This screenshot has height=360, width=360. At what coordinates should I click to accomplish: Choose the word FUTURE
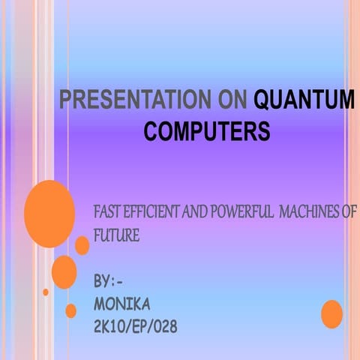[116, 235]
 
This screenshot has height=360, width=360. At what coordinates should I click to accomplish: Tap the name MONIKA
[122, 304]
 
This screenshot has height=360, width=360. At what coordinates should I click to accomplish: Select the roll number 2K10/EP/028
[136, 327]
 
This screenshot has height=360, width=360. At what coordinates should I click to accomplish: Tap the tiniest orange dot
[46, 292]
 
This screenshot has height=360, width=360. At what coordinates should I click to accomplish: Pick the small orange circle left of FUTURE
[82, 245]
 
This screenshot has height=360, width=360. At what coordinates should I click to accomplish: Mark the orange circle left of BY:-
[64, 272]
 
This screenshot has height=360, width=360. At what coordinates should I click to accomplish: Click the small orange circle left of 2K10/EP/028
[71, 310]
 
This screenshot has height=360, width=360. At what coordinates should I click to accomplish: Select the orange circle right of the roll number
[331, 313]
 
